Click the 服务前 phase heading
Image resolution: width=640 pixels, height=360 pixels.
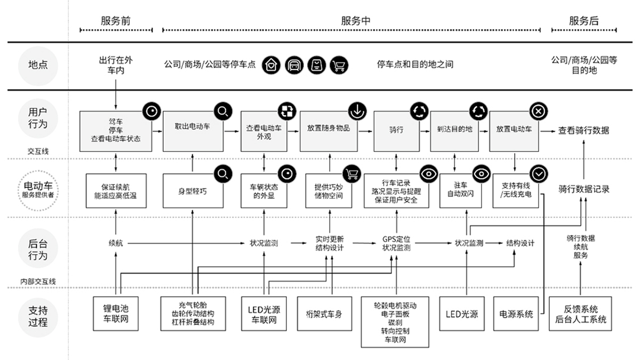click(x=115, y=21)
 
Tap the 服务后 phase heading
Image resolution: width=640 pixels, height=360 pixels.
click(x=583, y=21)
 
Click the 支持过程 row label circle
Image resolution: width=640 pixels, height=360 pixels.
click(x=37, y=316)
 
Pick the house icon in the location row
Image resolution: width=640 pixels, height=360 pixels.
click(x=271, y=65)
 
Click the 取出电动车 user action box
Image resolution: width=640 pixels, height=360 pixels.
click(x=193, y=131)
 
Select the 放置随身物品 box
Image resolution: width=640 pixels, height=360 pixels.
click(x=328, y=131)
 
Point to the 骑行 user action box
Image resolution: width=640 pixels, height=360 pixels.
click(x=396, y=131)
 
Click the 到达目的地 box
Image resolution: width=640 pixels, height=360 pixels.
click(x=454, y=131)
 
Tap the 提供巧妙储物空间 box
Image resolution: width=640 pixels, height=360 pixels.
click(x=329, y=190)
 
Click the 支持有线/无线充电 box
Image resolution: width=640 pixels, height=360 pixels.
click(x=515, y=190)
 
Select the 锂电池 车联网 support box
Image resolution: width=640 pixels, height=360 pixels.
click(x=115, y=314)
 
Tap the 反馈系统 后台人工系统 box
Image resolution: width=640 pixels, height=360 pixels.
click(x=580, y=314)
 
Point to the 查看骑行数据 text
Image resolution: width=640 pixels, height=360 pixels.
click(x=583, y=130)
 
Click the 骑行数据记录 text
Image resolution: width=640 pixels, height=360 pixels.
click(x=583, y=189)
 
